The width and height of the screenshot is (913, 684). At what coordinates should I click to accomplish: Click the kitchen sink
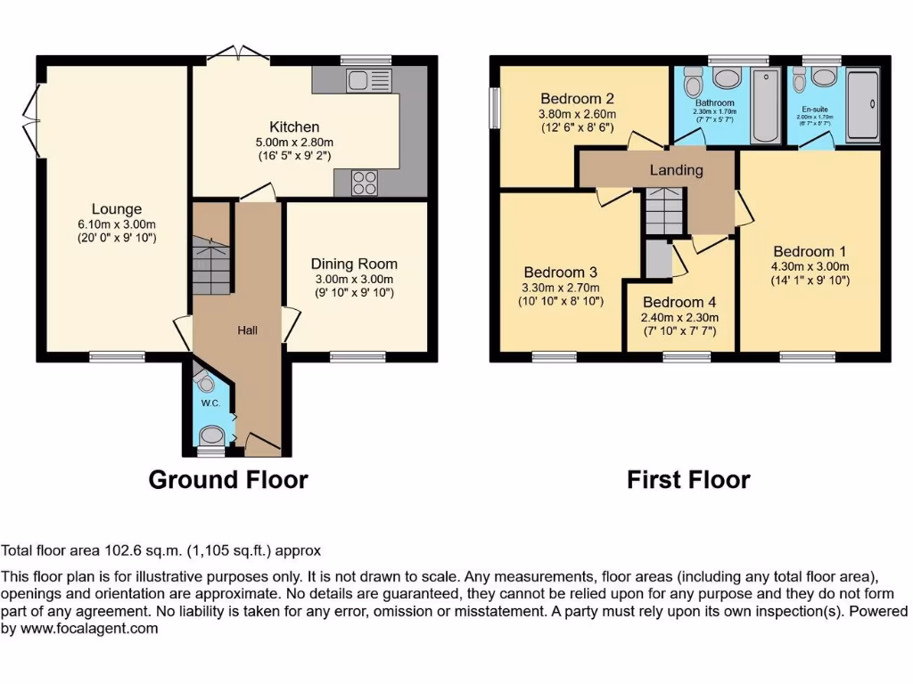[366, 80]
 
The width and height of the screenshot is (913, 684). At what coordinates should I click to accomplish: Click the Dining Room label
[354, 264]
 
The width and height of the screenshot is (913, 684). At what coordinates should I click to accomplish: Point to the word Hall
[247, 330]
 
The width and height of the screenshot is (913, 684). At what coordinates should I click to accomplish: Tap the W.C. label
[210, 403]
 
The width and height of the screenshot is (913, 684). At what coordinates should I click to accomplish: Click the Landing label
[676, 169]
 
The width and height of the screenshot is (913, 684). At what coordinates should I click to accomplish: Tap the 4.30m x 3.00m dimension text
[810, 265]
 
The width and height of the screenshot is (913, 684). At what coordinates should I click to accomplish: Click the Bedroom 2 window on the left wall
[495, 109]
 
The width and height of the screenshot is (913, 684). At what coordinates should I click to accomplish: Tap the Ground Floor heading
[228, 479]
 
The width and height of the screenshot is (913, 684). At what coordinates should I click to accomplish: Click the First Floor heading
[688, 479]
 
